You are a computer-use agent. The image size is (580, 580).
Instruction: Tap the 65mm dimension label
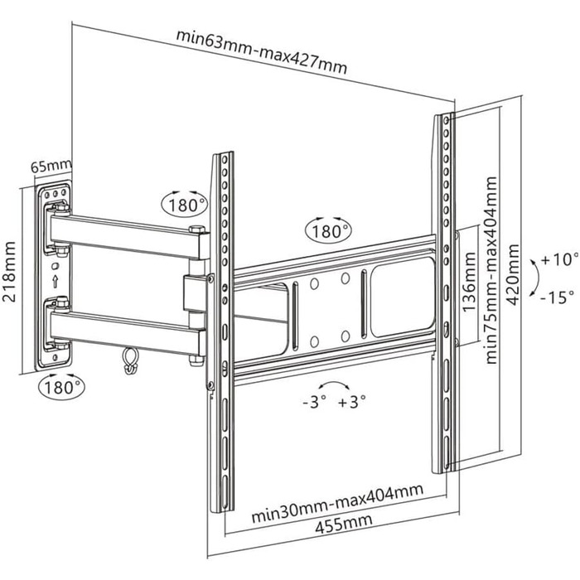51,166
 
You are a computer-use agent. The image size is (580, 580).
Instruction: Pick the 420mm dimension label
515,273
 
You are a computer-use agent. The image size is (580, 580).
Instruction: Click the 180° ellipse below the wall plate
60,385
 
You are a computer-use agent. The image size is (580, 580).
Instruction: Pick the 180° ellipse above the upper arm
183,204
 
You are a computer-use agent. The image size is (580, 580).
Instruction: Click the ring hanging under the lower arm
128,359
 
